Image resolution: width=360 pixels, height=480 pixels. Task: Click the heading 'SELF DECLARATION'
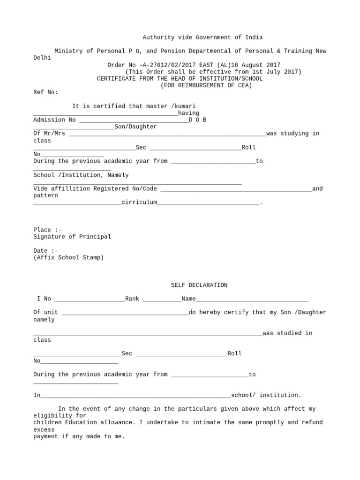point(199,285)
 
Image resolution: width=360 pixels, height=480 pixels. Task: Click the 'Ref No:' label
point(45,92)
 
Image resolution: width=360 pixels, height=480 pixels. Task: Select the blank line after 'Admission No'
point(134,120)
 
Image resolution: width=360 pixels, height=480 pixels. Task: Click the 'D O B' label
point(197,120)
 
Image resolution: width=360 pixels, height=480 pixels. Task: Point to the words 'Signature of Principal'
point(72,237)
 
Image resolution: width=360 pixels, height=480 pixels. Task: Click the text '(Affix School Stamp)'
point(68,257)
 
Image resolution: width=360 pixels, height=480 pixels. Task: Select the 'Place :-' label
point(47,230)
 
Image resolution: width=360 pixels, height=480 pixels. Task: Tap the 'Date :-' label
point(45,251)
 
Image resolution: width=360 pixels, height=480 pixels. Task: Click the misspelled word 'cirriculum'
point(139,202)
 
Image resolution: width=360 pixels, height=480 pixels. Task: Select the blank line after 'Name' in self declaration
point(252,300)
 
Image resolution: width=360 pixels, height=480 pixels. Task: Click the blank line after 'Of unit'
point(125,313)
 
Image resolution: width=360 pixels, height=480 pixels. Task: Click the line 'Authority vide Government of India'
point(202,37)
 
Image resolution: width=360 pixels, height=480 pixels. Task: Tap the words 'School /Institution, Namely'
point(81,175)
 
